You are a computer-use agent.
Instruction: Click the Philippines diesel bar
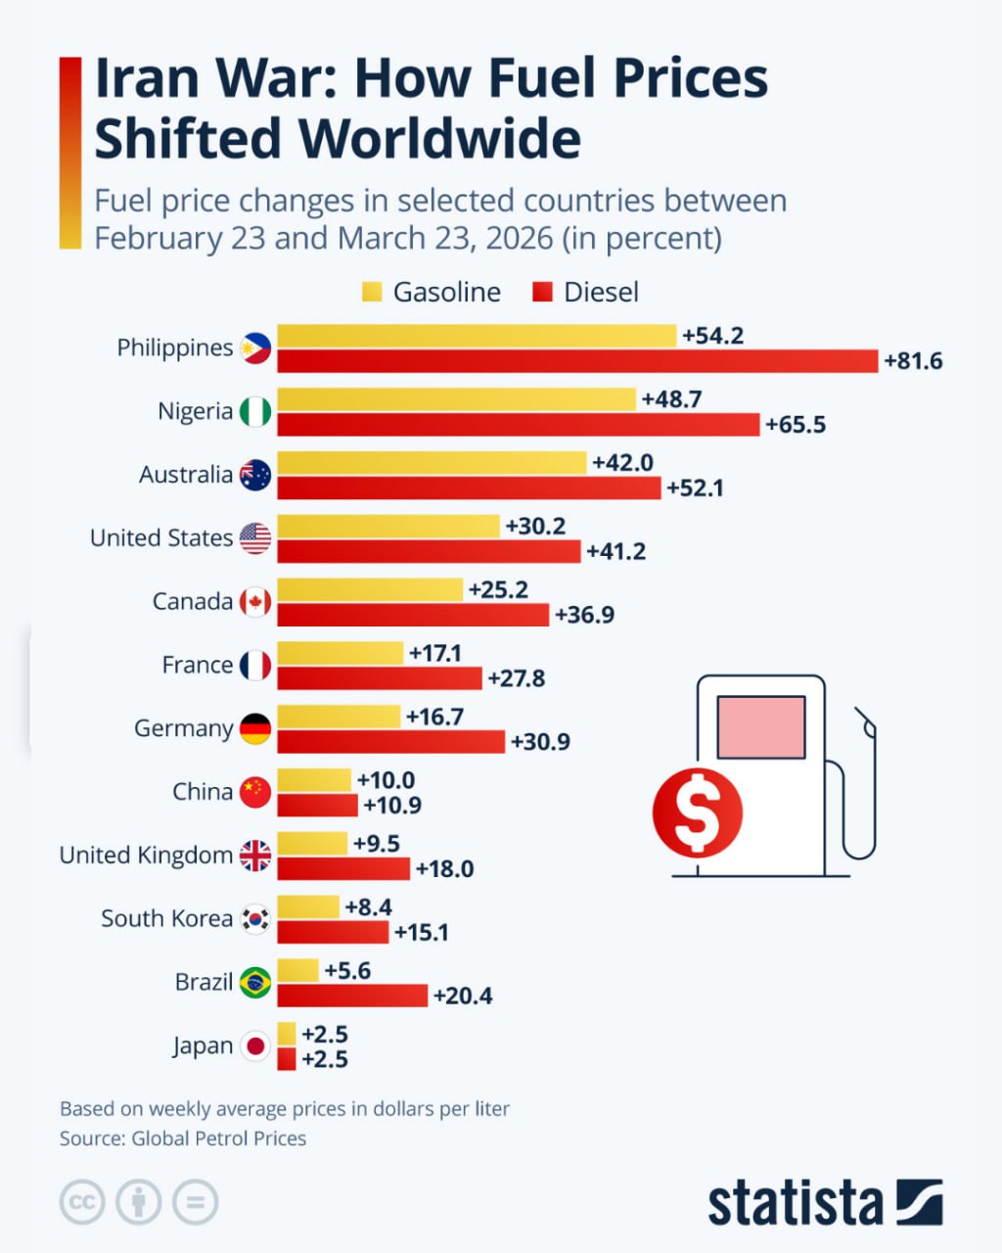tap(577, 361)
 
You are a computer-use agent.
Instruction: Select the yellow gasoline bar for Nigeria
tap(456, 399)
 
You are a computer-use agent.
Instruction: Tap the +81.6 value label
tap(913, 361)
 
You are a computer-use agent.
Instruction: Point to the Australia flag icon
tap(255, 475)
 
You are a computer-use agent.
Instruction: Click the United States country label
tap(161, 538)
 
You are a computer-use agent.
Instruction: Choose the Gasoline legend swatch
tap(372, 292)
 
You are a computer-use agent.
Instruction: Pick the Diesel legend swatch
tap(543, 292)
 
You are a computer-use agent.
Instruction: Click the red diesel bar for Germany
tap(391, 742)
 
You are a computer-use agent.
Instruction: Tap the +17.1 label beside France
tap(435, 653)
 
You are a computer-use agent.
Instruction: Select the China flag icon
tap(255, 792)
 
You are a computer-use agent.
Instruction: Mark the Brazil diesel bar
tap(352, 996)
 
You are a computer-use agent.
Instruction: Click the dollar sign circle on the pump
tap(698, 812)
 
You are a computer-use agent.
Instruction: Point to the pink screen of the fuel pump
tap(761, 727)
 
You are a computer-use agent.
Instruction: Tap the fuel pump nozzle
tap(865, 724)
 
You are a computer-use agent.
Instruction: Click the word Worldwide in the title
tap(440, 138)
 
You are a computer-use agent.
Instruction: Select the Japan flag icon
tap(255, 1045)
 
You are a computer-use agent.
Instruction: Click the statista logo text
tap(795, 1202)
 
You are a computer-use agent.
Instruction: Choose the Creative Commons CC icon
tap(82, 1202)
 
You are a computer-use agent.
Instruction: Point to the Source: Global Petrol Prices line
tap(183, 1138)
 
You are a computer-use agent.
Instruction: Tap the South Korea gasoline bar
tap(308, 906)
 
